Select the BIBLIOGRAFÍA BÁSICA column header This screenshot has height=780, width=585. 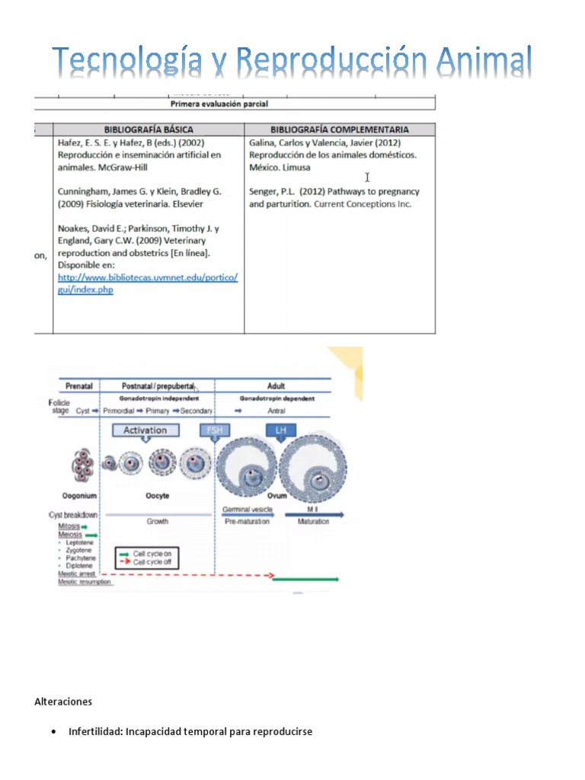point(149,129)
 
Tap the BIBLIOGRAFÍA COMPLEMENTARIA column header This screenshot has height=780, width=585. point(340,129)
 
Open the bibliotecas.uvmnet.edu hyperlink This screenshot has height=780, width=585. point(148,283)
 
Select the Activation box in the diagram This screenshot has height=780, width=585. point(145,430)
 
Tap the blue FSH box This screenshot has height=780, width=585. point(214,430)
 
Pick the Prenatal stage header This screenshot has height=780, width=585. point(78,386)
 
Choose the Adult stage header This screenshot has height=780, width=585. point(276,386)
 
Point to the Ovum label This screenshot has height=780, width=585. point(277,496)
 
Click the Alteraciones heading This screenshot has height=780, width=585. point(63,701)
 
